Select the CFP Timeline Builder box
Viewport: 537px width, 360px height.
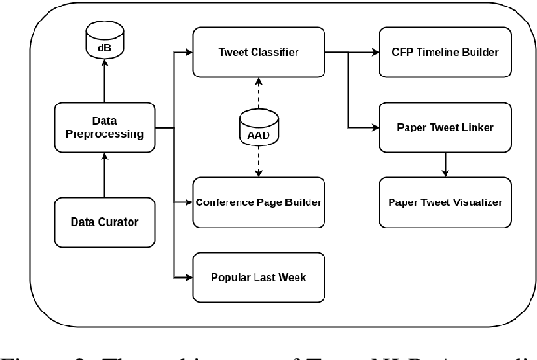pyautogui.click(x=446, y=53)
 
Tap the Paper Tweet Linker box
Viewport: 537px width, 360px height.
pyautogui.click(x=446, y=127)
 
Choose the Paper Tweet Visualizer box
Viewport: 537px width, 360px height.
pyautogui.click(x=446, y=201)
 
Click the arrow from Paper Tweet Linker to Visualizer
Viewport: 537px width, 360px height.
pyautogui.click(x=446, y=163)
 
